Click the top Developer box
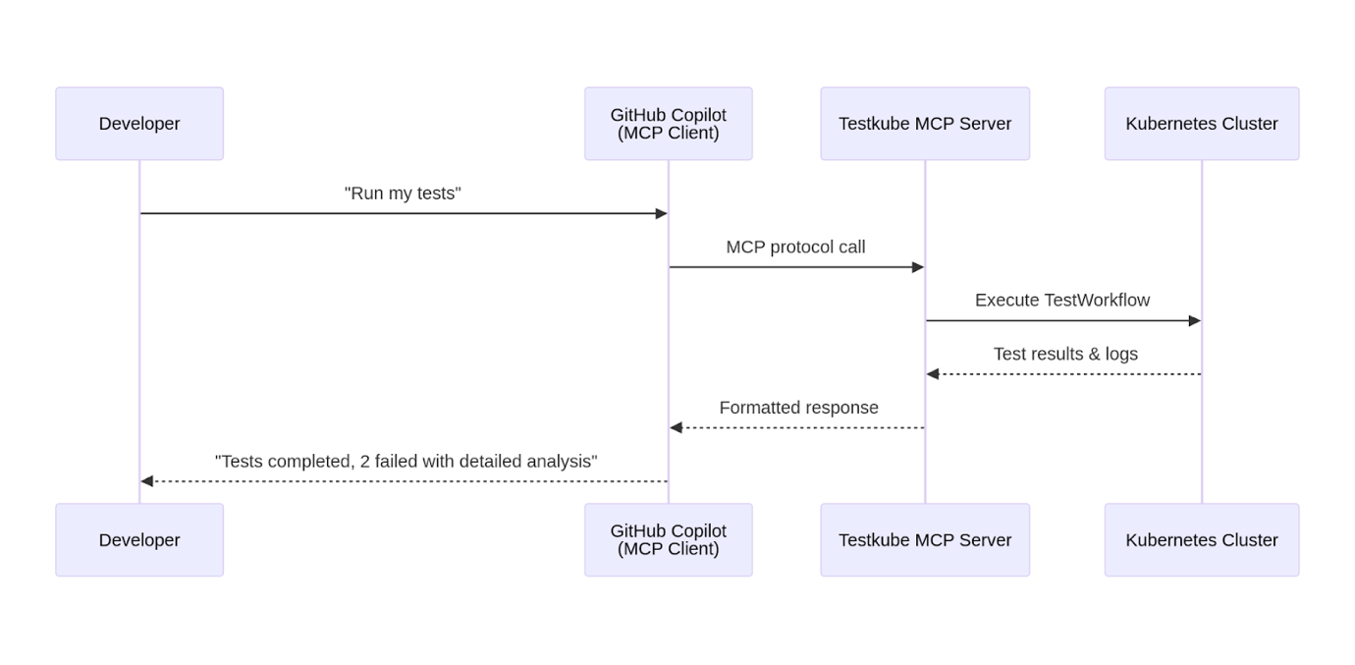point(139,124)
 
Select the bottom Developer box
point(139,540)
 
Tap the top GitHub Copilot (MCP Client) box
point(668,124)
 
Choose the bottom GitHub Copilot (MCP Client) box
point(668,540)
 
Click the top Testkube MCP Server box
point(925,124)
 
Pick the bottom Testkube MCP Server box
point(925,540)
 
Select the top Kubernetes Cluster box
point(1201,124)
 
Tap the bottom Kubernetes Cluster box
point(1201,540)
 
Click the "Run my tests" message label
point(403,194)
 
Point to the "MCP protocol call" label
point(795,248)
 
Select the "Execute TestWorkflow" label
point(1062,301)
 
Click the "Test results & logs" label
point(1065,355)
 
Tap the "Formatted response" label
point(798,408)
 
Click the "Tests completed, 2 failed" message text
point(406,462)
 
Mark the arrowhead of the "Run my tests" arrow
point(662,213)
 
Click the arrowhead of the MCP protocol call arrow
point(918,267)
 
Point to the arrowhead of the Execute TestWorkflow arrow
point(1195,320)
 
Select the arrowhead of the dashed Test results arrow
point(933,374)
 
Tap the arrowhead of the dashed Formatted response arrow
point(676,427)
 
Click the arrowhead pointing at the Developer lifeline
point(147,481)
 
